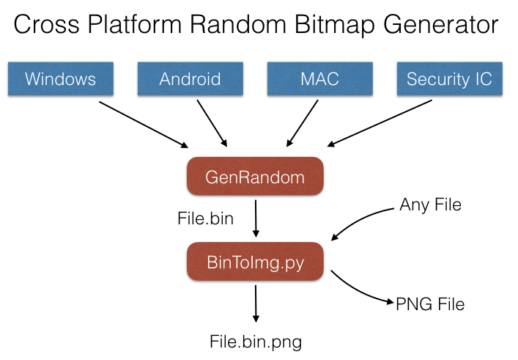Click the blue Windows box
[62, 78]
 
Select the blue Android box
[190, 78]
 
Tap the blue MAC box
[319, 78]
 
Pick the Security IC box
[449, 78]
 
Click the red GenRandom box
[255, 177]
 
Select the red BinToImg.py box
[255, 261]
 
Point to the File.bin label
[205, 218]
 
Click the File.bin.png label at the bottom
[255, 341]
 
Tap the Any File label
[430, 205]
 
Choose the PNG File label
[430, 303]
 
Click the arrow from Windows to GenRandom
[142, 123]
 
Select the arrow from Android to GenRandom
[212, 123]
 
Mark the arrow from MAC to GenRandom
[303, 123]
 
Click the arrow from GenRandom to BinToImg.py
[256, 218]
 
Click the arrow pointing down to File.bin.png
[256, 304]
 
